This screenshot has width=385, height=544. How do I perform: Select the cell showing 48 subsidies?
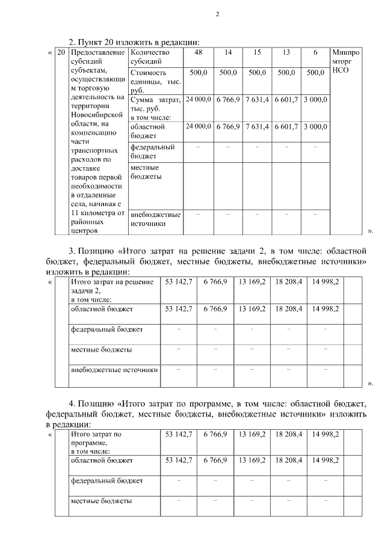click(x=198, y=53)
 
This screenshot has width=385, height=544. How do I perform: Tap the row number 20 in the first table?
click(x=60, y=53)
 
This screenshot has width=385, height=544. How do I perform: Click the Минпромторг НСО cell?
click(x=345, y=61)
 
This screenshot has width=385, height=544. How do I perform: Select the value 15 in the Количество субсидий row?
click(x=257, y=53)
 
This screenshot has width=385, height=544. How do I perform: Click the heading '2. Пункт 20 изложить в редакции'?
click(x=134, y=41)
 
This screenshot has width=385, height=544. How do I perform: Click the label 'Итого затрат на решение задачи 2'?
click(x=112, y=286)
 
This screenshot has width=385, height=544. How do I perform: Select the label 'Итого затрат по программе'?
click(x=96, y=438)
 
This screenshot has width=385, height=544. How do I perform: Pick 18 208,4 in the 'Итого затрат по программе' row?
click(x=289, y=433)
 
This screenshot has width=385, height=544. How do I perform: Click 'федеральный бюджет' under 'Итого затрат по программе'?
click(x=106, y=481)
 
